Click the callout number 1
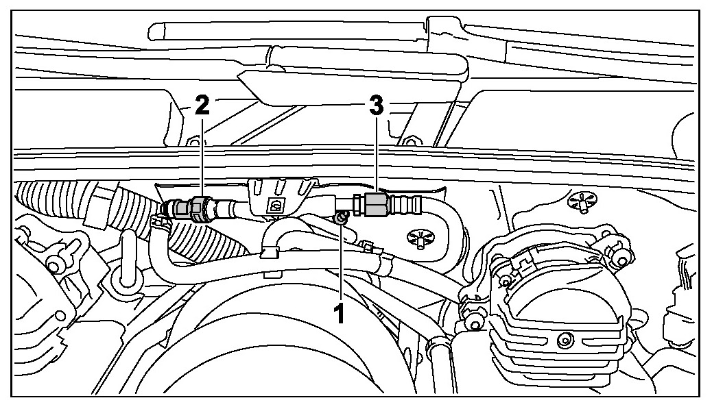point(337,315)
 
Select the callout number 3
point(376,106)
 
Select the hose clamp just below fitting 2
point(158,221)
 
